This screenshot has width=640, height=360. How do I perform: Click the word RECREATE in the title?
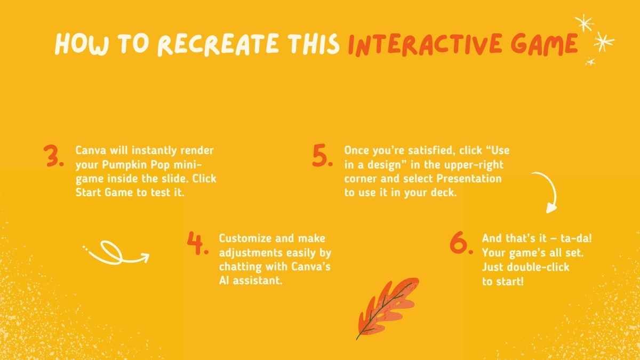218,44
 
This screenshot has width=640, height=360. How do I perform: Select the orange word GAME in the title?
545,44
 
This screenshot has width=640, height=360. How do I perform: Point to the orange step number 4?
198,243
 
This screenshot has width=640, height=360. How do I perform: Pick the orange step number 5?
323,156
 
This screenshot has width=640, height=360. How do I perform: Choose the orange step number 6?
461,243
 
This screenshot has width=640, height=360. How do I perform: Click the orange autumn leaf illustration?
387,308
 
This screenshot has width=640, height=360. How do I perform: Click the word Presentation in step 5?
469,179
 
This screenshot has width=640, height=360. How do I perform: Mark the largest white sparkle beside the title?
603,42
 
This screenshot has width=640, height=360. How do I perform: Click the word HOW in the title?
82,44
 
